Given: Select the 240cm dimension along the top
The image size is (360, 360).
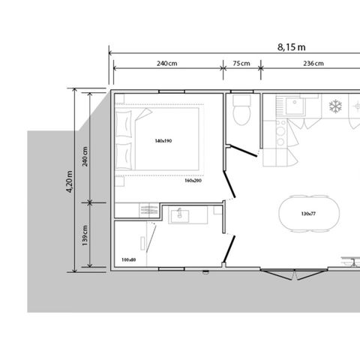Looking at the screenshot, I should pyautogui.click(x=166, y=64).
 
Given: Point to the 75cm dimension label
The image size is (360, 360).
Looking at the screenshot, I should pyautogui.click(x=241, y=64).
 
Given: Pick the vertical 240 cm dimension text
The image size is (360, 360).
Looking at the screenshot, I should pyautogui.click(x=85, y=158).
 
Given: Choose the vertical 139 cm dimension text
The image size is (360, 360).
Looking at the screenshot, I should pyautogui.click(x=85, y=235).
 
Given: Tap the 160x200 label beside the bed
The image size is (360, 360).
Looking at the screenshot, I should pyautogui.click(x=193, y=180).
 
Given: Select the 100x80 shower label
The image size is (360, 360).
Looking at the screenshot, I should pyautogui.click(x=127, y=260).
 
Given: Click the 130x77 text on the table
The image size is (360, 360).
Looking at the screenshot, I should pyautogui.click(x=309, y=214).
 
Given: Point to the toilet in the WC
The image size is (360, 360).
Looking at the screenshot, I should pyautogui.click(x=241, y=114).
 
